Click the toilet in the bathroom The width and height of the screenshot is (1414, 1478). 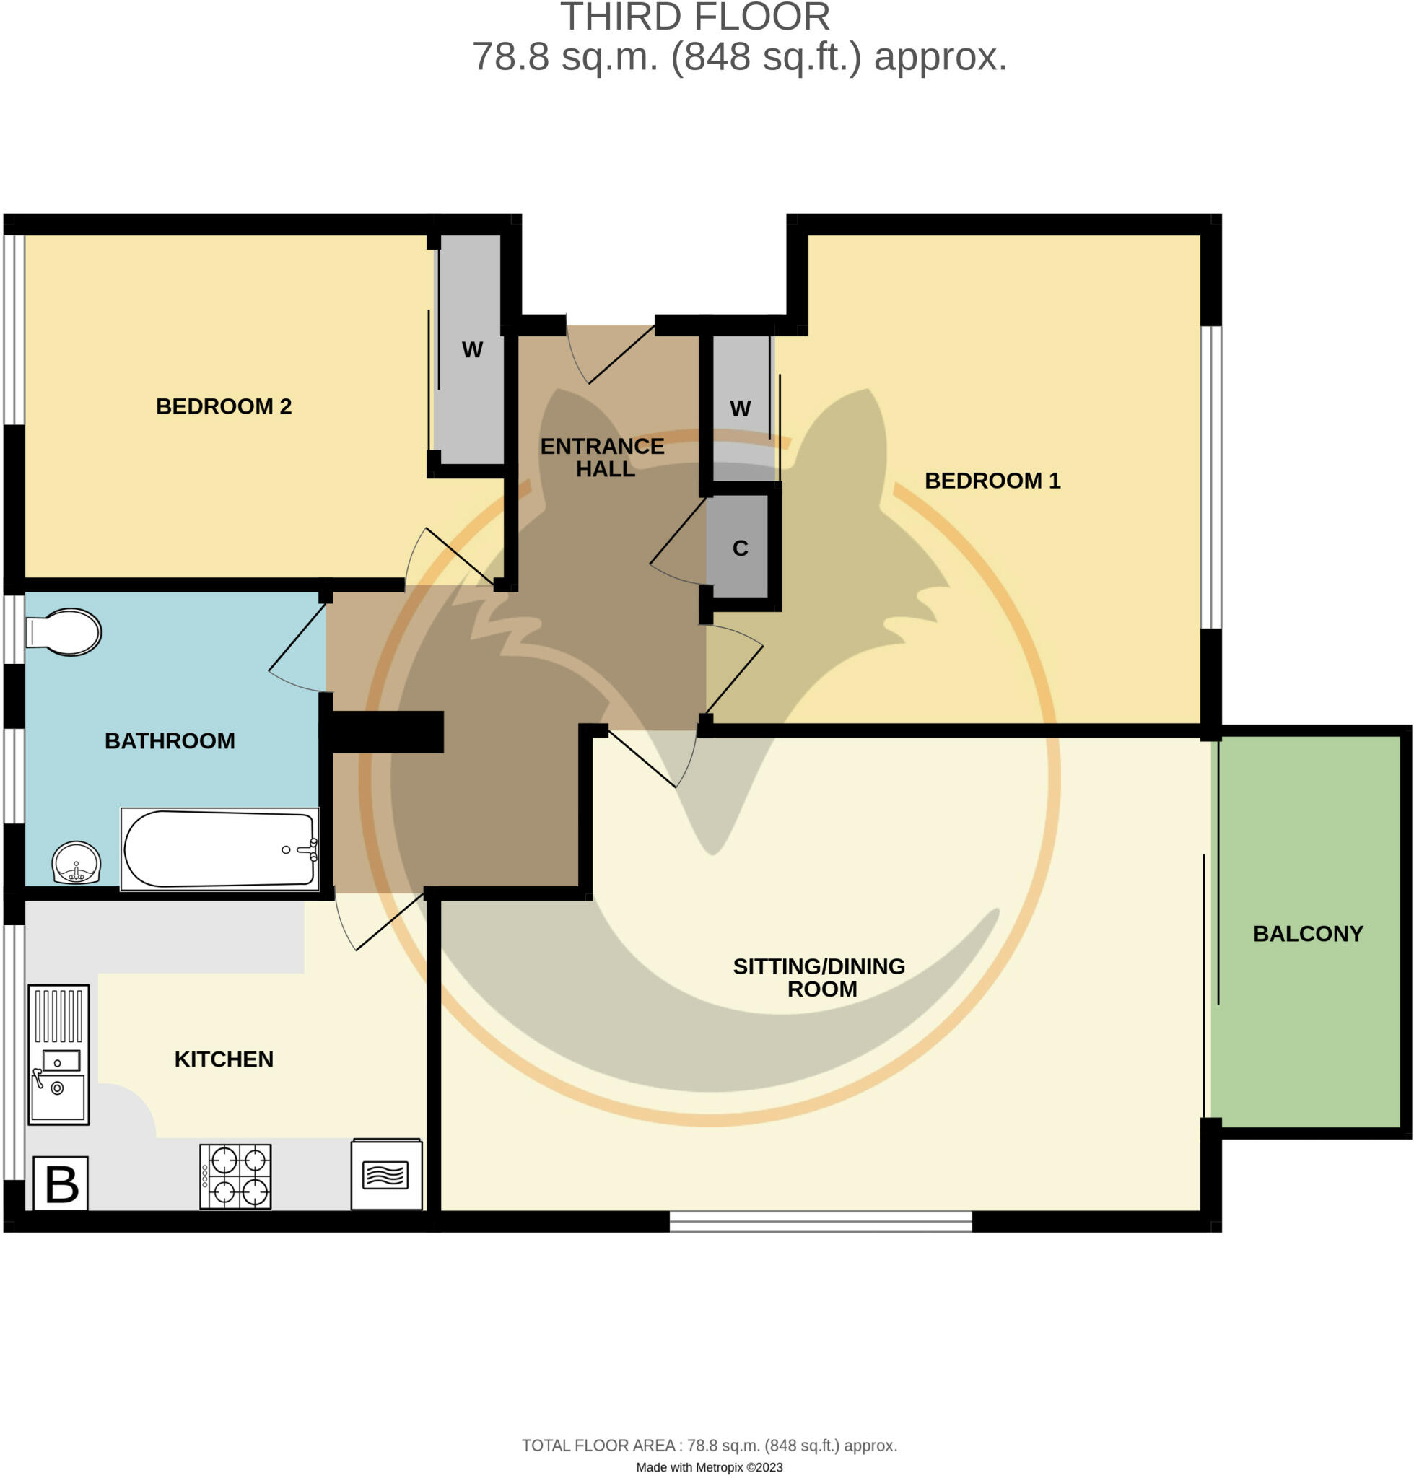coord(65,631)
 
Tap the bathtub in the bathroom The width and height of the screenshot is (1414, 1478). coord(219,849)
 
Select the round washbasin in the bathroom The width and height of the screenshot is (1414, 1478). coord(76,862)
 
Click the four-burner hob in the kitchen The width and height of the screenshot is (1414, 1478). coord(235,1176)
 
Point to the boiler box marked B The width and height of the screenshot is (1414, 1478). coord(61,1183)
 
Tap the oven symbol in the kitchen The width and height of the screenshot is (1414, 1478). coord(386,1173)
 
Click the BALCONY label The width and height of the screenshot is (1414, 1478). coord(1308,934)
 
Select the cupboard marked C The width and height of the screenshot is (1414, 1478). coord(738,548)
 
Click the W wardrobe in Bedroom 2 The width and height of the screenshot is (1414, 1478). coord(472,350)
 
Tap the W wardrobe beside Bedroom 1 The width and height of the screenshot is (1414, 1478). coord(740,408)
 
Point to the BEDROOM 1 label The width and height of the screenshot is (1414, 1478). coord(992,480)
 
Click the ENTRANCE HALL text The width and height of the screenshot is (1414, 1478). coord(603,457)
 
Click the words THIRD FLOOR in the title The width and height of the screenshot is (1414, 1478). coord(694,17)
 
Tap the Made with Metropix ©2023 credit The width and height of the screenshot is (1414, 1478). coord(709,1466)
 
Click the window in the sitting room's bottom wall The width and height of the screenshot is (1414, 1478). coord(820,1221)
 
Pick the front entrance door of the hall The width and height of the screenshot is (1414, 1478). coord(611,354)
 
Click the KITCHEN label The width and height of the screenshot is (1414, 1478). coord(224,1059)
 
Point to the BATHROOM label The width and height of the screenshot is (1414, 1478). coord(170,741)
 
